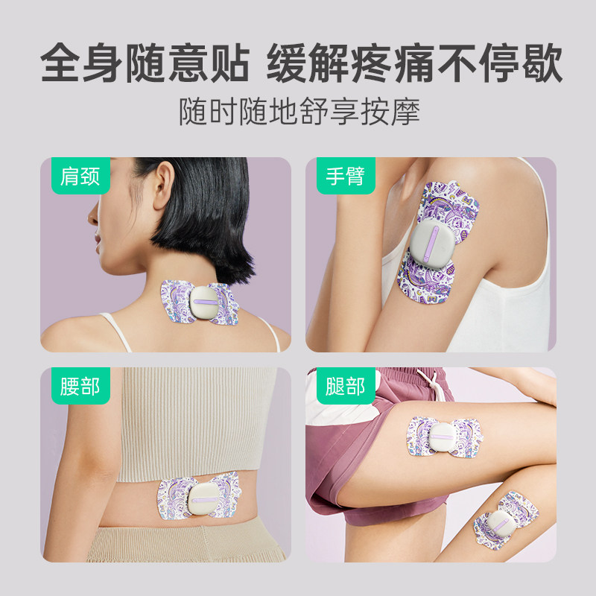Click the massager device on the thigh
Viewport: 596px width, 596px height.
(x=446, y=439)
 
